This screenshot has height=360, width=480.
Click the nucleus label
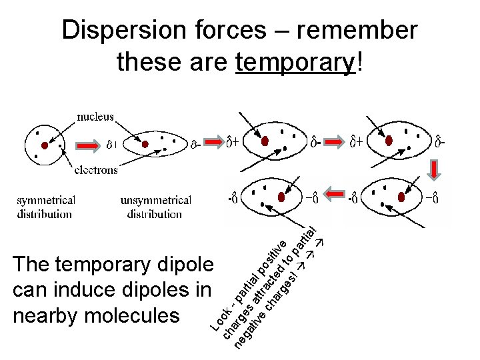point(95,117)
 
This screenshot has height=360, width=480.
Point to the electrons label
point(96,169)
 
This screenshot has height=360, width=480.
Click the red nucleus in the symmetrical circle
point(45,145)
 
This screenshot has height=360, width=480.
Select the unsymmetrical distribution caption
point(155,207)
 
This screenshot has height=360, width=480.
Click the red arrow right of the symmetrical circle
point(89,144)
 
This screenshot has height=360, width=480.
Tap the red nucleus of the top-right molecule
point(389,141)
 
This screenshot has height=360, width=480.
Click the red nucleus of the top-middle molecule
point(265,141)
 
